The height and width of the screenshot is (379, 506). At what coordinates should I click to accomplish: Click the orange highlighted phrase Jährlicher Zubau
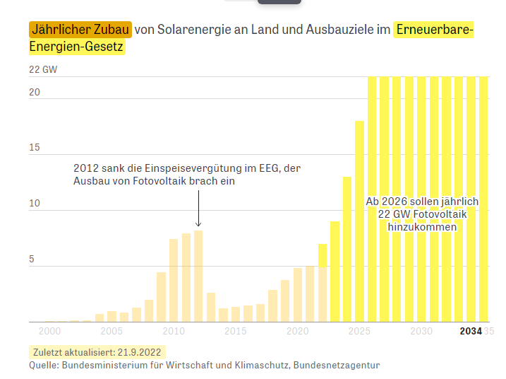pyautogui.click(x=80, y=30)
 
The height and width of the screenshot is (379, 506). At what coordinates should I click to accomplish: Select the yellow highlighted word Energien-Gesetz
pyautogui.click(x=77, y=47)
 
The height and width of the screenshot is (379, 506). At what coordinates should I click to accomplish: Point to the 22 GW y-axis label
pyautogui.click(x=43, y=70)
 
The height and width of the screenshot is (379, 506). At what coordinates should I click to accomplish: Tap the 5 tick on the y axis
pyautogui.click(x=31, y=260)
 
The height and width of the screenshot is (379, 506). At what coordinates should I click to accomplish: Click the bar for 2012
pyautogui.click(x=198, y=276)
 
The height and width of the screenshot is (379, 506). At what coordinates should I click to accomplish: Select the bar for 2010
pyautogui.click(x=174, y=280)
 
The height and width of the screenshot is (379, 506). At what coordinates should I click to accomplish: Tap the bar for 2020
pyautogui.click(x=298, y=294)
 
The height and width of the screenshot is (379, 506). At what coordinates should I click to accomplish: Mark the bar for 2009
pyautogui.click(x=161, y=296)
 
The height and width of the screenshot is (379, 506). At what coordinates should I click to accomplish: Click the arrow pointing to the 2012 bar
pyautogui.click(x=198, y=209)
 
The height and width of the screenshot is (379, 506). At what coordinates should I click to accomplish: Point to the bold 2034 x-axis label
pyautogui.click(x=471, y=331)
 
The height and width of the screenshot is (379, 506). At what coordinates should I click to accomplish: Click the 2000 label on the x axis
pyautogui.click(x=49, y=331)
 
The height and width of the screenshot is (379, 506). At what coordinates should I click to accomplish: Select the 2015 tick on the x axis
pyautogui.click(x=236, y=331)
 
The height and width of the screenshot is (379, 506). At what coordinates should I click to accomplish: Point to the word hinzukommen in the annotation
pyautogui.click(x=422, y=227)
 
